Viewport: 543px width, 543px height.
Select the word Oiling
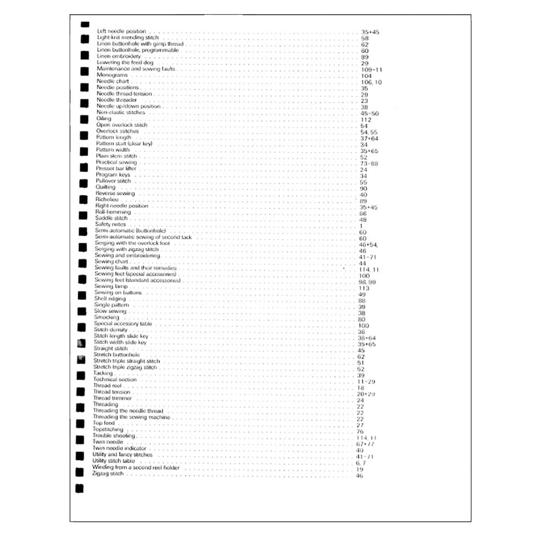point(103,118)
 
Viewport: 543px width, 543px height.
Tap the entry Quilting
point(105,187)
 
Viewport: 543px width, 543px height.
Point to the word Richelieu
point(106,199)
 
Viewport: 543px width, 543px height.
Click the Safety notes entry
point(110,224)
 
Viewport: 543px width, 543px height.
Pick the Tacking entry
point(103,373)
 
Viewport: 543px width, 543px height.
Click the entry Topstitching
point(108,430)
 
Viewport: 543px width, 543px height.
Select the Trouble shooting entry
point(113,435)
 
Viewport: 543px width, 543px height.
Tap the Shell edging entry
point(110,299)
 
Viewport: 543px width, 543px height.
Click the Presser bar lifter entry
point(116,168)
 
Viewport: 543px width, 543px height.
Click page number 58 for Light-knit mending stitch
point(365,39)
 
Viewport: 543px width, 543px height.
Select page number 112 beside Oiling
point(365,119)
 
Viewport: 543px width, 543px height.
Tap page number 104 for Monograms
point(366,76)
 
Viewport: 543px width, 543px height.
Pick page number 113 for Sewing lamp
point(364,288)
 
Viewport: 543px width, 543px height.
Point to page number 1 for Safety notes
point(361,226)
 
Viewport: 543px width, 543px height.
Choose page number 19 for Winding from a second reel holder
point(359,469)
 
